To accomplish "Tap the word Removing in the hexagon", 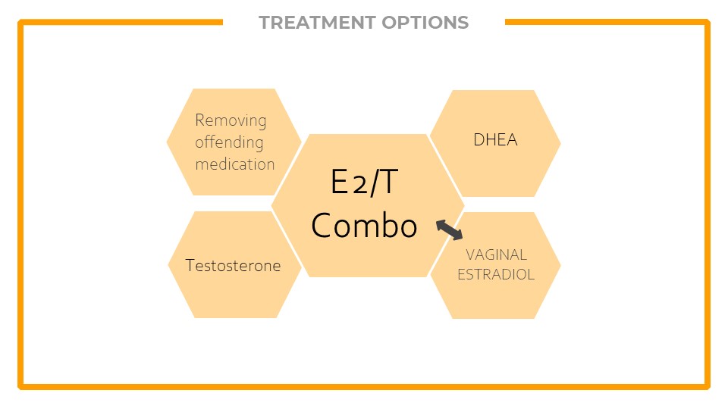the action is point(231,120).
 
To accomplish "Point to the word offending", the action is point(229,142).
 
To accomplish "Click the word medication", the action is point(235,164).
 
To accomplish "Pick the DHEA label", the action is point(495,139).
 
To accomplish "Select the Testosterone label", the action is point(233,266).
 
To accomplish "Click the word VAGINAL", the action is point(496,254).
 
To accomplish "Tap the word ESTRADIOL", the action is point(496,274).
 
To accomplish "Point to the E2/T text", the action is point(365,181).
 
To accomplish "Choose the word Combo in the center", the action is point(365,226).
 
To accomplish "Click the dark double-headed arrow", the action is point(449,230).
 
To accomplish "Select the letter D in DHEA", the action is point(479,139).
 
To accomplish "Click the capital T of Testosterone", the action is point(190,265).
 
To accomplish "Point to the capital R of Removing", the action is point(200,120).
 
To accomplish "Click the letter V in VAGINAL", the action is point(471,254).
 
